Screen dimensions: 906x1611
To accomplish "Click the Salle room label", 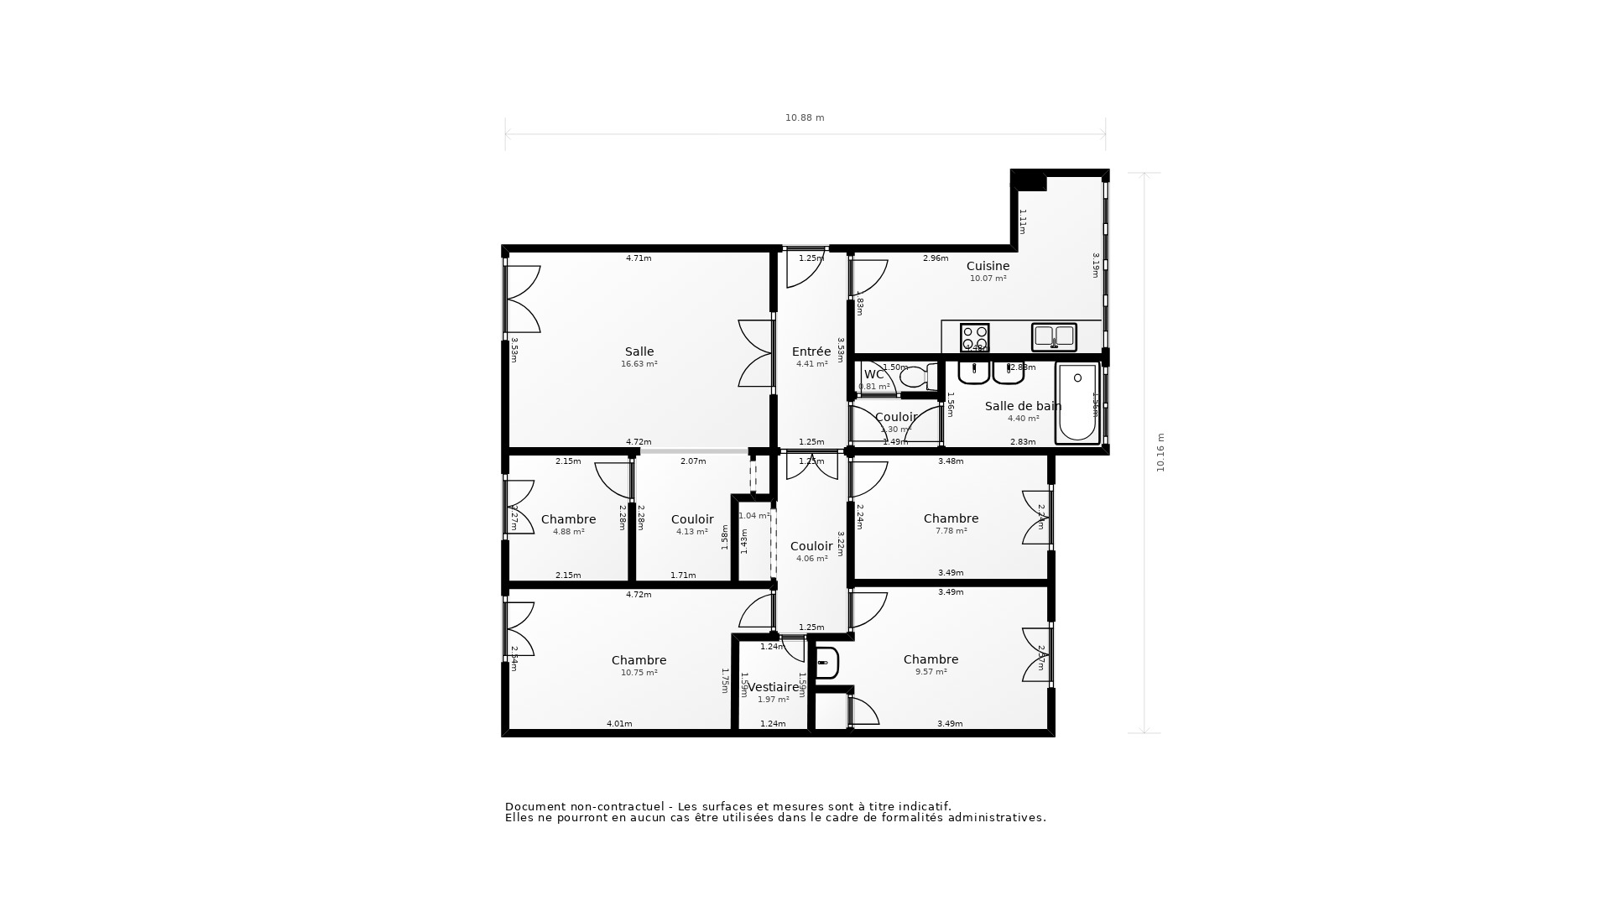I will point(639,352).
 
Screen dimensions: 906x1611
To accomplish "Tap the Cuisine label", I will point(988,266).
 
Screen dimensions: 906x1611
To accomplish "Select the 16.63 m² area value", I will point(639,364).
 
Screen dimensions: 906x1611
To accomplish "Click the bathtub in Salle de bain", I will point(1077,404).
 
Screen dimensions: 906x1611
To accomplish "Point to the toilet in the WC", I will point(915,377).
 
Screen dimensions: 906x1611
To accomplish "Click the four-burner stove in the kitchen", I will point(974,337).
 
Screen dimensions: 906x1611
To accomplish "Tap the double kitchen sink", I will point(1054,336).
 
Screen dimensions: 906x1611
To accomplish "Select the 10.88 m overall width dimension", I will point(805,118).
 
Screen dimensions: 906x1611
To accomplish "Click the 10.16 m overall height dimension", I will point(1161,453).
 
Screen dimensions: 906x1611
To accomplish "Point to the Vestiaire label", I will point(773,687).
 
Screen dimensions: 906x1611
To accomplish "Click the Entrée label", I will point(811,352).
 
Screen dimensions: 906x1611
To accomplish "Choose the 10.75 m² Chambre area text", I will point(639,673).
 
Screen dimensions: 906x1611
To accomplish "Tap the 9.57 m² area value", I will point(931,672).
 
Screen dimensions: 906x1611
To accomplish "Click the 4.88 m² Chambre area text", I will point(568,532).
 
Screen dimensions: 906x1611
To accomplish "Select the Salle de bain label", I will point(1023,406).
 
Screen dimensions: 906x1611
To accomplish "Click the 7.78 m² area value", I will point(951,531).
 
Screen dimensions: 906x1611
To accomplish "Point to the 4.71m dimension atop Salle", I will point(639,258).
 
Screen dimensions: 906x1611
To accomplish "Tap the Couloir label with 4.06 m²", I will point(811,547).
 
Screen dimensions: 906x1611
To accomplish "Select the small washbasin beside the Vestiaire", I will point(826,663).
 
